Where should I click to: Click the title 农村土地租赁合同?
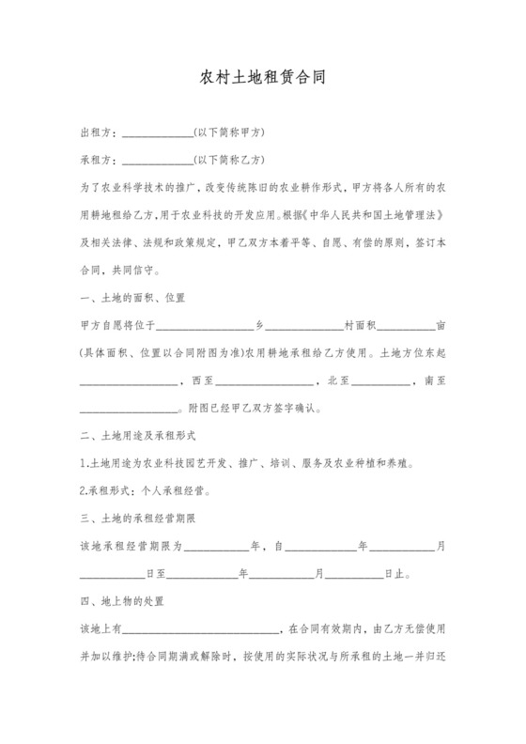263,77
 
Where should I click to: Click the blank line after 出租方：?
157,132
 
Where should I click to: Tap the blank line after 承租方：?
157,160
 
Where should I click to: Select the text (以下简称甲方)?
226,132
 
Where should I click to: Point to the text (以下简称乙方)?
226,160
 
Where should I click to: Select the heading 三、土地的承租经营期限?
139,517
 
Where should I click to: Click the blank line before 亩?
406,327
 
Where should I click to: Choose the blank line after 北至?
379,381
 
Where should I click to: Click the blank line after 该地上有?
200,627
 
